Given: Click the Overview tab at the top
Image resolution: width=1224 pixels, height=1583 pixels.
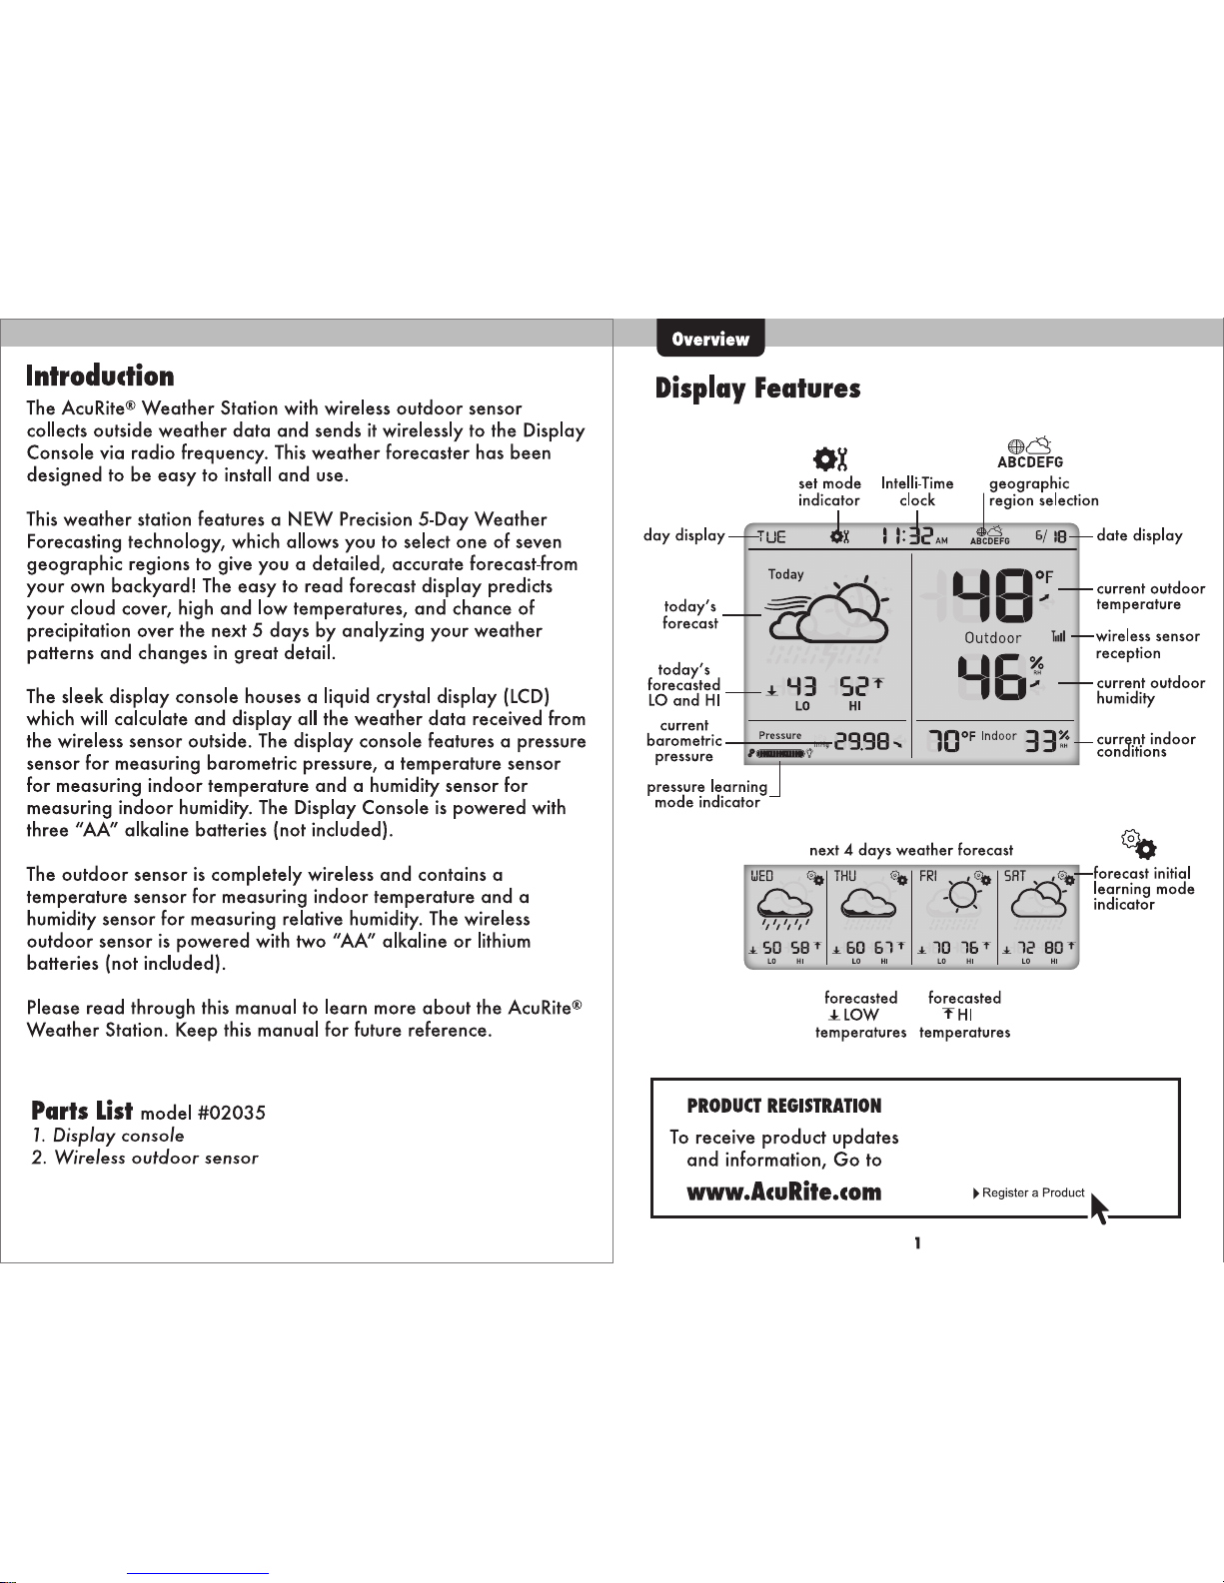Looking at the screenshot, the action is pos(710,338).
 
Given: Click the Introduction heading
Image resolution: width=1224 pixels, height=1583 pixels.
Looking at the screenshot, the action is pos(100,376).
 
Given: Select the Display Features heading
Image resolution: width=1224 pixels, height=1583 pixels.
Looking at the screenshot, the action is pos(757,389).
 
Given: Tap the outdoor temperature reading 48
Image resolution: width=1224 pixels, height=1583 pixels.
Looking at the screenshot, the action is pos(992,596).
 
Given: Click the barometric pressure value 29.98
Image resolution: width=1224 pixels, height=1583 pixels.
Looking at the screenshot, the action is pos(862,742).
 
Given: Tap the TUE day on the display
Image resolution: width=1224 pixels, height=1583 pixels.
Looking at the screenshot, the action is pos(771,537).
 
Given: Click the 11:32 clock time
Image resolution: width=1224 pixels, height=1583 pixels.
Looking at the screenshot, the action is pos(907,536).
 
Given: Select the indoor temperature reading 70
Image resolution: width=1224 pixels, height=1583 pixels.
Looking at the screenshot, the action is pos(943,742).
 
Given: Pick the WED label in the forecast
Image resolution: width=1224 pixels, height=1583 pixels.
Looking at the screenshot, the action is pos(762,876).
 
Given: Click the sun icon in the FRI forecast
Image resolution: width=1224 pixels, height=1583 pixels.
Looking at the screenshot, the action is pos(962,896).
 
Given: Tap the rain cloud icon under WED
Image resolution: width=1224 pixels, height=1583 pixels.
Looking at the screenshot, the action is pos(784,910).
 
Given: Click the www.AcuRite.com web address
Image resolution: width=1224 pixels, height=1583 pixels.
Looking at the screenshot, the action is pos(784,1191).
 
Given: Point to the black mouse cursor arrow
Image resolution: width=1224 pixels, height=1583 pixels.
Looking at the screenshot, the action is pos(1099,1207).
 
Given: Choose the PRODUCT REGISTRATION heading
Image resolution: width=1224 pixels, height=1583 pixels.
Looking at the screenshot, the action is pos(784,1106).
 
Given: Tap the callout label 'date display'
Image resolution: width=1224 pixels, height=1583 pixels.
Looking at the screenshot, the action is pos(1139,535).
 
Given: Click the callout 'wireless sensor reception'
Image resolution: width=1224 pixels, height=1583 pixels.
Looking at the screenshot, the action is pos(1147,645).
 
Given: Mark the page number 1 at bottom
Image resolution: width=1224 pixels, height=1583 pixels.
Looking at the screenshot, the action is pos(917,1242).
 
